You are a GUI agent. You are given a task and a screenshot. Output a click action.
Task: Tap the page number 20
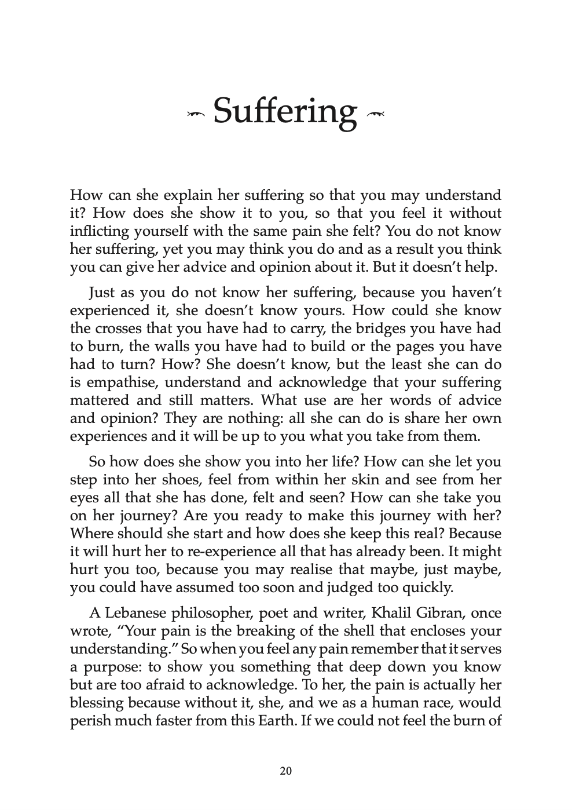(285, 771)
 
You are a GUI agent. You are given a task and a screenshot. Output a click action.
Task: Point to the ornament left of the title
(197, 116)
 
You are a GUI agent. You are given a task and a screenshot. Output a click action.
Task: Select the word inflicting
(98, 231)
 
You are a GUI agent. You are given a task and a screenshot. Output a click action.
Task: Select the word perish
(89, 721)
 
